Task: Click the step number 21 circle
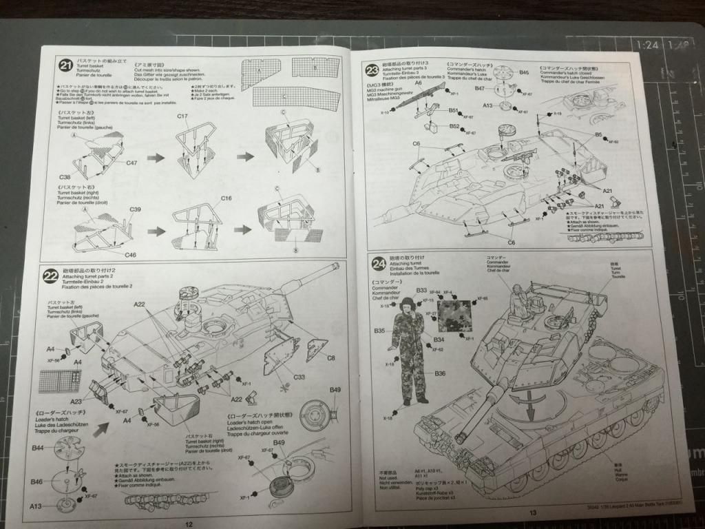click(x=65, y=66)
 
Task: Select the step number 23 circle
click(x=372, y=68)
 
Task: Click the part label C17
click(x=182, y=116)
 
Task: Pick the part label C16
click(x=227, y=198)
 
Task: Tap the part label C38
click(x=67, y=176)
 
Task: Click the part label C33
click(x=299, y=377)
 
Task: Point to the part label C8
click(x=330, y=357)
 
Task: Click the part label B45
click(x=523, y=72)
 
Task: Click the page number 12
click(x=189, y=523)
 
